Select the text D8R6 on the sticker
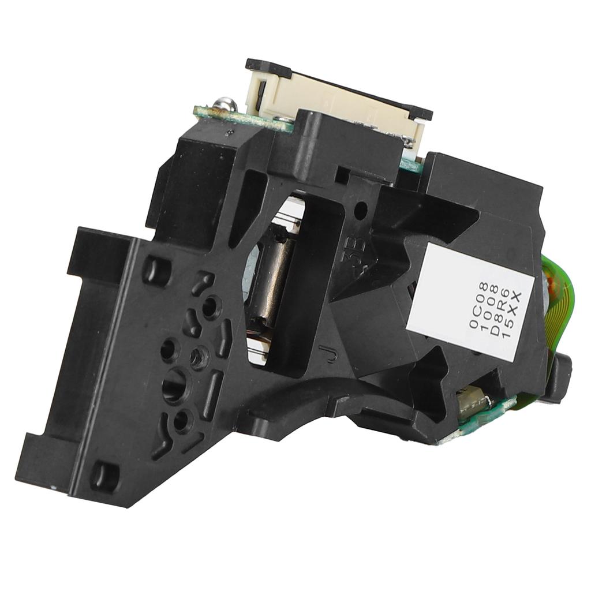tap(502, 315)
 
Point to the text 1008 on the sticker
tap(491, 311)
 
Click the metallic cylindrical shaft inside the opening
tap(271, 289)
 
